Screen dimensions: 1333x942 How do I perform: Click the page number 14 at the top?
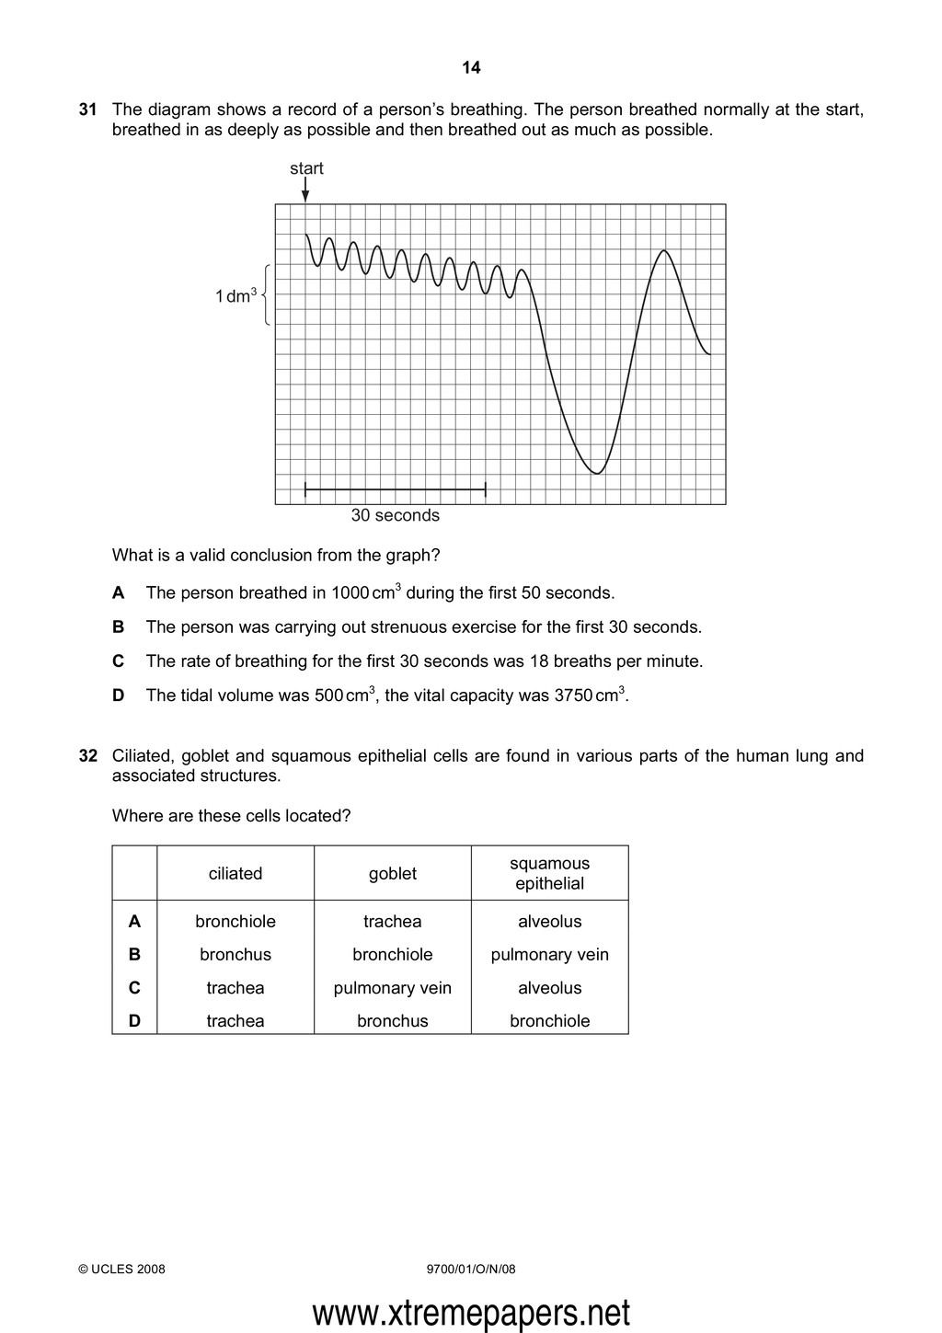click(x=471, y=67)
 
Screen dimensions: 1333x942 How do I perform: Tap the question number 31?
click(x=88, y=110)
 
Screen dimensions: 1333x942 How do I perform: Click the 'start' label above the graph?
click(x=306, y=168)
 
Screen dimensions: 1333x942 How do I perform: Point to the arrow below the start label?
click(x=305, y=191)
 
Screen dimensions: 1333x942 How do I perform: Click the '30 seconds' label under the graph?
click(x=395, y=515)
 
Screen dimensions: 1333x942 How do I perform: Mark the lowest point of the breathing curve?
click(x=597, y=473)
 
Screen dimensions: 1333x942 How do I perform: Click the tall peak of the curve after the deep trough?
click(x=664, y=250)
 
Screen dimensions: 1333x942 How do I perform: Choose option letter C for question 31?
click(x=118, y=661)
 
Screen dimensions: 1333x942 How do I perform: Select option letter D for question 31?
click(x=118, y=695)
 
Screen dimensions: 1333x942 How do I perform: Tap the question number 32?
click(x=88, y=756)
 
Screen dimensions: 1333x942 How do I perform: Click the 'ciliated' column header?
click(x=235, y=874)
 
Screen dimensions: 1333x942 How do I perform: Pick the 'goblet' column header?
click(x=393, y=874)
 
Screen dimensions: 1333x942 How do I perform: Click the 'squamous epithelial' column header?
click(x=549, y=874)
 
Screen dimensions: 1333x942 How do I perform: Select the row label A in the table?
click(x=134, y=922)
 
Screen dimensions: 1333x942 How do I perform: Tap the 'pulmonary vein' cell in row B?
click(x=549, y=955)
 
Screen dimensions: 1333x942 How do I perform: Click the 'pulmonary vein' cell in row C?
click(x=393, y=988)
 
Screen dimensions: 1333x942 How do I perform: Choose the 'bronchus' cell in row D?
click(x=393, y=1021)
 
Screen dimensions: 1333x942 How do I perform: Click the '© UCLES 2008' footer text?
click(x=122, y=1270)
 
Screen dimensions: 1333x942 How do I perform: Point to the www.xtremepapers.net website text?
click(x=471, y=1313)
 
